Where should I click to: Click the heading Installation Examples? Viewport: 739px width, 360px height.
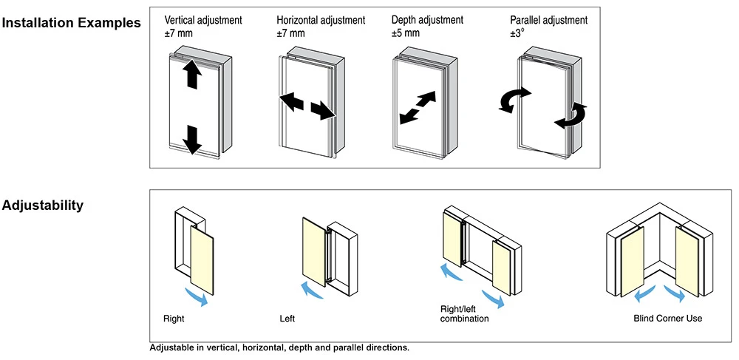tap(71, 23)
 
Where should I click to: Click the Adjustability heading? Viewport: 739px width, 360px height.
tap(43, 206)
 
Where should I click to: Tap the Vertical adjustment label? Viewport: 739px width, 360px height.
tap(203, 20)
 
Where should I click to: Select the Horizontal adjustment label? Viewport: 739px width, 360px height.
tap(321, 20)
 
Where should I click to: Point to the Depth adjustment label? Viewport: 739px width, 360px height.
tap(427, 20)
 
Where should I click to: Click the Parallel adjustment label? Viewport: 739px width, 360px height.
tap(549, 20)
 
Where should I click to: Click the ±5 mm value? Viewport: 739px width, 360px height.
tap(406, 33)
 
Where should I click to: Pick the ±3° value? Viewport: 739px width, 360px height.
tap(517, 33)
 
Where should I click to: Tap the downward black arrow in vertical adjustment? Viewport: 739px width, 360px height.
tap(192, 140)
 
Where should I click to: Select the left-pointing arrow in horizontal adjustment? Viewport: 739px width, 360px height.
tap(292, 101)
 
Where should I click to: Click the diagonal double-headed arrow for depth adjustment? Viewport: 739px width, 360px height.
tap(418, 108)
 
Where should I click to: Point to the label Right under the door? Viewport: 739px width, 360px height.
tap(174, 319)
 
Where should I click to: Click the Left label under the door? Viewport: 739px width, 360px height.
tap(287, 319)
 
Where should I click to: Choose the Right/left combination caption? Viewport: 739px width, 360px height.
tap(464, 314)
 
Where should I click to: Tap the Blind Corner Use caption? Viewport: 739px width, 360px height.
tap(668, 319)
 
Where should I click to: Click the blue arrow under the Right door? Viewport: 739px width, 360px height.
tap(197, 297)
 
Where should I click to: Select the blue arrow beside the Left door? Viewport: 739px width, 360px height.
tap(312, 290)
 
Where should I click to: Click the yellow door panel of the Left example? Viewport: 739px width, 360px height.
tap(314, 251)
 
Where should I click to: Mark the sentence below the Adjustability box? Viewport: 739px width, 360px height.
tap(279, 348)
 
